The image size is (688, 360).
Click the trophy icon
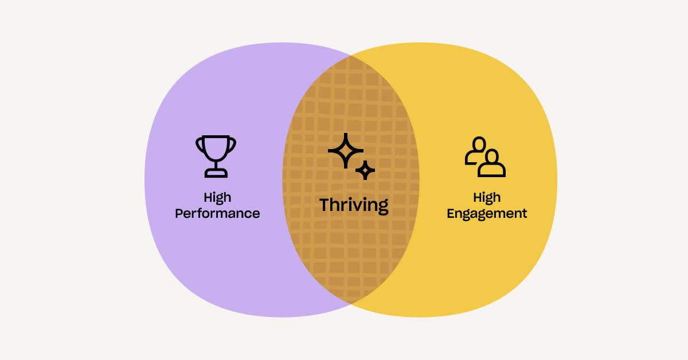coord(216,156)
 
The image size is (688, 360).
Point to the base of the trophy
coord(216,173)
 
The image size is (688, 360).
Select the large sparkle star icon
coord(346,151)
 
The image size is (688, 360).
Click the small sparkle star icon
coord(365,170)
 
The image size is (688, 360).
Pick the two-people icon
coord(485,156)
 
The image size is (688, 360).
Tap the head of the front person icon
coord(492,156)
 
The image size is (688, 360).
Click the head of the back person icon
coord(479,144)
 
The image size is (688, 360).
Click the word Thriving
coord(354,205)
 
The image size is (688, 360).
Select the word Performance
coord(217,213)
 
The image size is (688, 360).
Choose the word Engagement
coord(487,214)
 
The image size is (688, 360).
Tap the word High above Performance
coord(217,198)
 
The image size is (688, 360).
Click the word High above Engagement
coord(487,198)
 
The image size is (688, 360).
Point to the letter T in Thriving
coord(326,204)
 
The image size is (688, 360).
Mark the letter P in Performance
coord(179,213)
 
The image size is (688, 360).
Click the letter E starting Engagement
coord(451,213)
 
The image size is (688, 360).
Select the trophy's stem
coord(216,165)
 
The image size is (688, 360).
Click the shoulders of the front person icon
coord(492,171)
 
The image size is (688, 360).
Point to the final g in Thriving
coord(383,207)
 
